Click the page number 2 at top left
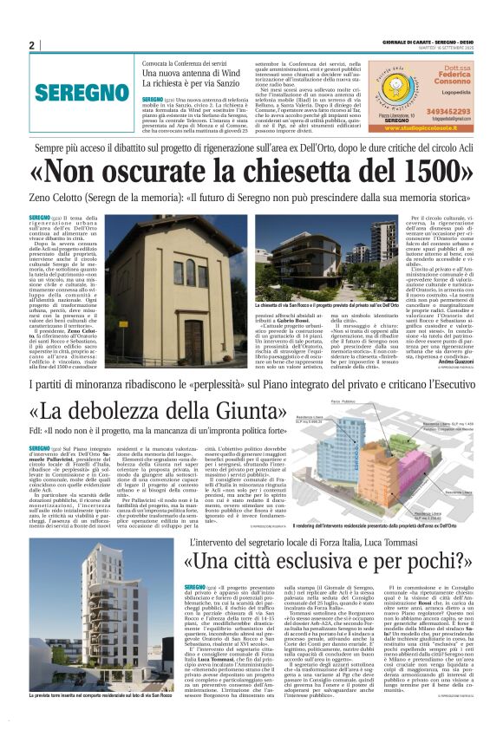point(30,45)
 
